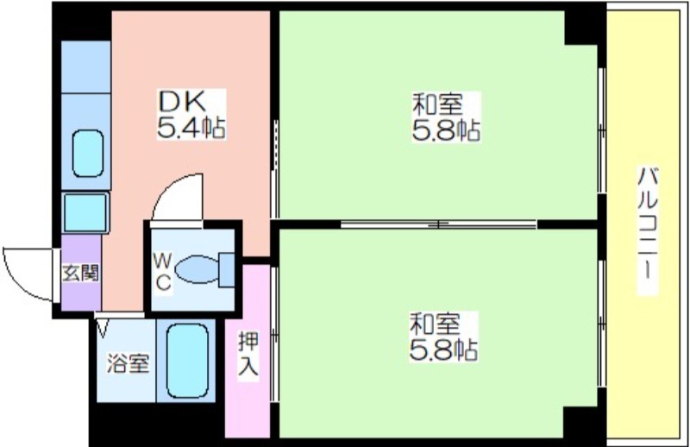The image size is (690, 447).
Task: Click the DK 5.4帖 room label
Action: click(191, 115)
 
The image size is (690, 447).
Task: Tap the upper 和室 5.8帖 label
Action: click(446, 116)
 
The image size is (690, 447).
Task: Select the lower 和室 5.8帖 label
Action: click(443, 337)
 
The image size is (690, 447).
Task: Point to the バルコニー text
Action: click(648, 230)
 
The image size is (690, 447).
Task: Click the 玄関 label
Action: click(80, 274)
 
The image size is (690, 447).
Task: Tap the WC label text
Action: click(162, 273)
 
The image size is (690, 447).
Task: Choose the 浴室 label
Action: click(128, 364)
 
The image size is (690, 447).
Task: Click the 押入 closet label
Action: click(248, 354)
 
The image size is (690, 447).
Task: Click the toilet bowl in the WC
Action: click(198, 269)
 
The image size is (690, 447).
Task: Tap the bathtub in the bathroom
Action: click(187, 361)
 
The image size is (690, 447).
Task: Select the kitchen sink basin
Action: click(88, 154)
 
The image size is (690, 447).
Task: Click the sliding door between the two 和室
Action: click(439, 224)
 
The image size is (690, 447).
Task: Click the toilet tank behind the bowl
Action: click(227, 270)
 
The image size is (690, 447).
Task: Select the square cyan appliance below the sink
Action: click(85, 212)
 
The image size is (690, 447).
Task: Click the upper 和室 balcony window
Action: click(601, 130)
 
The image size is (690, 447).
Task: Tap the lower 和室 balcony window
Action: click(601, 324)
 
